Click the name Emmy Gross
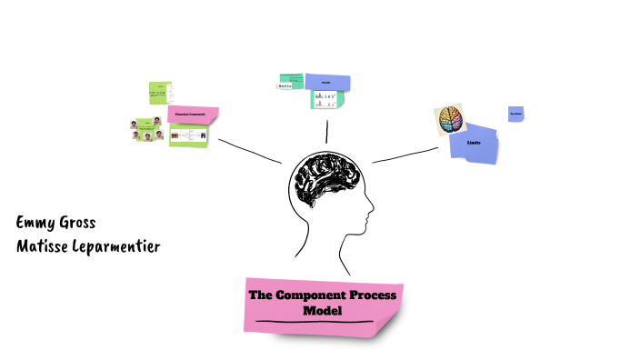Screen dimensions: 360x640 [55, 223]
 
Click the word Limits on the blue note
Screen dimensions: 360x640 [474, 144]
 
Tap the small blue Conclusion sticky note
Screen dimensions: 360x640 [515, 114]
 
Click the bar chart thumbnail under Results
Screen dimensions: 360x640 [326, 99]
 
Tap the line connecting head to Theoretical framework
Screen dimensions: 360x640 [249, 151]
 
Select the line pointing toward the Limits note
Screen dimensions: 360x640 [405, 155]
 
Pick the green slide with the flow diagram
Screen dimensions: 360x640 [188, 135]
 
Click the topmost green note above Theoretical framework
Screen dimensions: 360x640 [160, 93]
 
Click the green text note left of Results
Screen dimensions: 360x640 [290, 81]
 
